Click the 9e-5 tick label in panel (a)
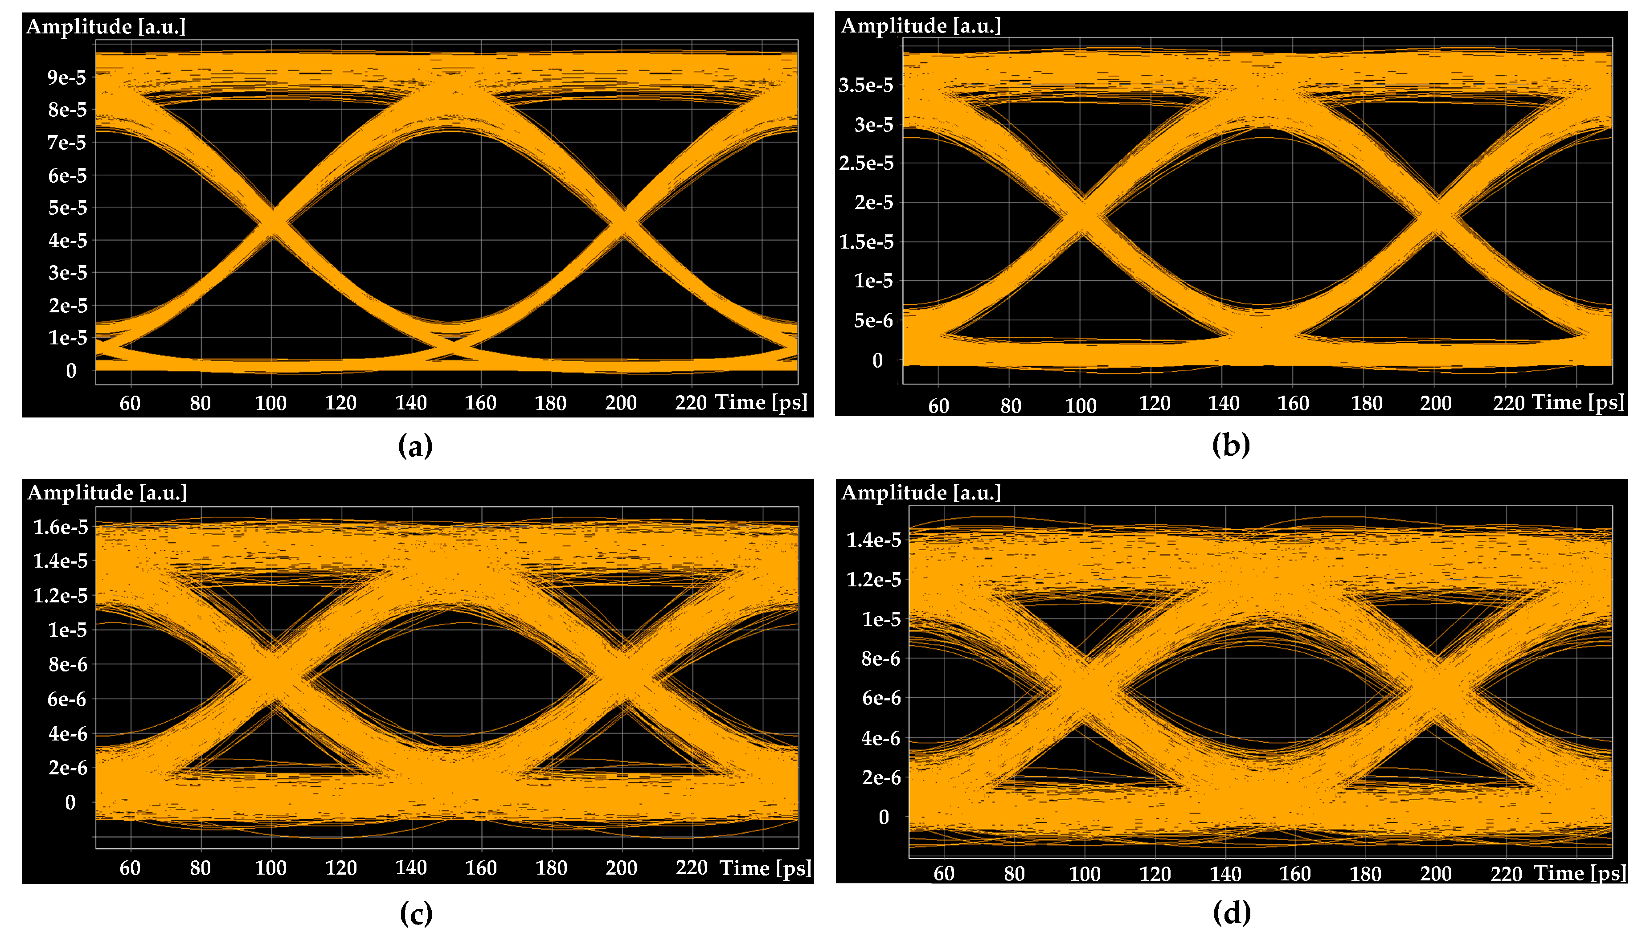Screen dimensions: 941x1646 pyautogui.click(x=66, y=78)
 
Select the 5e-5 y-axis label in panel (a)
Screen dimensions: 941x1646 pyautogui.click(x=67, y=208)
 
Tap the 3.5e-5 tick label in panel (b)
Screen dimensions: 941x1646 pyautogui.click(x=866, y=85)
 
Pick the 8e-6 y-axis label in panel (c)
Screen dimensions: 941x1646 pyautogui.click(x=68, y=664)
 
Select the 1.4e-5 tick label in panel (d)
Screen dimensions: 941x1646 pyautogui.click(x=874, y=540)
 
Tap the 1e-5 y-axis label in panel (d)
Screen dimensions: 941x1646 pyautogui.click(x=881, y=619)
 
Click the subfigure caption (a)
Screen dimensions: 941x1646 pyautogui.click(x=416, y=446)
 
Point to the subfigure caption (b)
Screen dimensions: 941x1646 pyautogui.click(x=1231, y=445)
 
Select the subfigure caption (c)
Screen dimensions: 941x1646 pyautogui.click(x=416, y=913)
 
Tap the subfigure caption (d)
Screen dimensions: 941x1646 pyautogui.click(x=1232, y=912)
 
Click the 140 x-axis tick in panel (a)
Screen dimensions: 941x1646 pyautogui.click(x=411, y=403)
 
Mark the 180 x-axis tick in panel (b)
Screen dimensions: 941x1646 pyautogui.click(x=1366, y=404)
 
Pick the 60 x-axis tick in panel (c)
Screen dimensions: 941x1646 pyautogui.click(x=130, y=868)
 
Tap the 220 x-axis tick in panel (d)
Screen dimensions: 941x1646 pyautogui.click(x=1507, y=874)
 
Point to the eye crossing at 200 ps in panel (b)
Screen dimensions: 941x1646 pyautogui.click(x=1436, y=215)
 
